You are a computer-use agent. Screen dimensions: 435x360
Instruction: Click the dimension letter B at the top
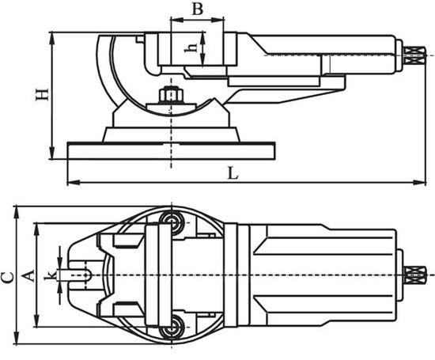pyautogui.click(x=198, y=9)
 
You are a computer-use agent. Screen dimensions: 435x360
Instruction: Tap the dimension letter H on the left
pyautogui.click(x=42, y=94)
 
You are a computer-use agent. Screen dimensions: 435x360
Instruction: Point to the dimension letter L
pyautogui.click(x=233, y=173)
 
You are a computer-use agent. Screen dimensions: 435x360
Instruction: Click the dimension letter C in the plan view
pyautogui.click(x=7, y=278)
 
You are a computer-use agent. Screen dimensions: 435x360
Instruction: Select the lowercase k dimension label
pyautogui.click(x=50, y=275)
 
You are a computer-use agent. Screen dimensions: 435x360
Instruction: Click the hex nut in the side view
pyautogui.click(x=171, y=94)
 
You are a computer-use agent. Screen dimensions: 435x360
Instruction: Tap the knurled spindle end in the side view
pyautogui.click(x=414, y=55)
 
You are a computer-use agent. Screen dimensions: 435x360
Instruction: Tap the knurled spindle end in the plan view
pyautogui.click(x=414, y=275)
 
